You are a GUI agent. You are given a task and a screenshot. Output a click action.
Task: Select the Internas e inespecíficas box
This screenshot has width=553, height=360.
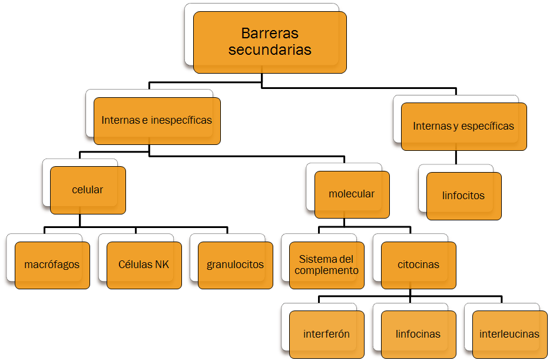(x=157, y=121)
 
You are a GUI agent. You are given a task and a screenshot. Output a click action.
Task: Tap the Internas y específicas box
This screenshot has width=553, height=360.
(x=463, y=126)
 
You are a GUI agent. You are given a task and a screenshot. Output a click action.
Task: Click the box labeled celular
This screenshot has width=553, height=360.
(x=88, y=190)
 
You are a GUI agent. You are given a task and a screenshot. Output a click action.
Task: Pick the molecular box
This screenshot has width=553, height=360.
(x=352, y=194)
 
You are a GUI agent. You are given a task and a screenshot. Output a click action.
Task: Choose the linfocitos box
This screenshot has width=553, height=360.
(x=463, y=196)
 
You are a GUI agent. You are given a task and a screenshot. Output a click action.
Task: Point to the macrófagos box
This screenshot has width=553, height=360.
(x=52, y=265)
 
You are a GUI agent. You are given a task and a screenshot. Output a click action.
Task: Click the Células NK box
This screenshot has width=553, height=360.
(x=144, y=265)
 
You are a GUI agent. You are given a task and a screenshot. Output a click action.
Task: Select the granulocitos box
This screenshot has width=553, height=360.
(x=235, y=265)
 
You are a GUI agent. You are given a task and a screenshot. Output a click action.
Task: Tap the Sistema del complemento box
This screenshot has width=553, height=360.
(x=327, y=265)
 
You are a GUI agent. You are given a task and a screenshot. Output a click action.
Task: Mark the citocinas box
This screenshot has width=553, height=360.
(x=418, y=265)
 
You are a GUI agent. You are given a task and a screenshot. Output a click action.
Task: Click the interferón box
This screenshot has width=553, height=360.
(x=327, y=334)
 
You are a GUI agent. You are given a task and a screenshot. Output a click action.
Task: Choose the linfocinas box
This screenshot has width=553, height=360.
(x=418, y=334)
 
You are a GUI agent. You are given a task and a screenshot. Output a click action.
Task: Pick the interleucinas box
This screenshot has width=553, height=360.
(x=509, y=334)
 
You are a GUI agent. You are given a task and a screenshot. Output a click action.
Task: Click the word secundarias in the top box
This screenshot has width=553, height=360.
(x=270, y=50)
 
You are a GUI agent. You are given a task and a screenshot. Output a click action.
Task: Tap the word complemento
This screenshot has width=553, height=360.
(x=327, y=270)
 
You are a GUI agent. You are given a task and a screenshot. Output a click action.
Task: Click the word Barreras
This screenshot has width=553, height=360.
(x=270, y=34)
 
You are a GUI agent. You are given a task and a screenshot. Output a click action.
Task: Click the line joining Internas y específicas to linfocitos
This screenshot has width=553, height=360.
(x=456, y=157)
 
